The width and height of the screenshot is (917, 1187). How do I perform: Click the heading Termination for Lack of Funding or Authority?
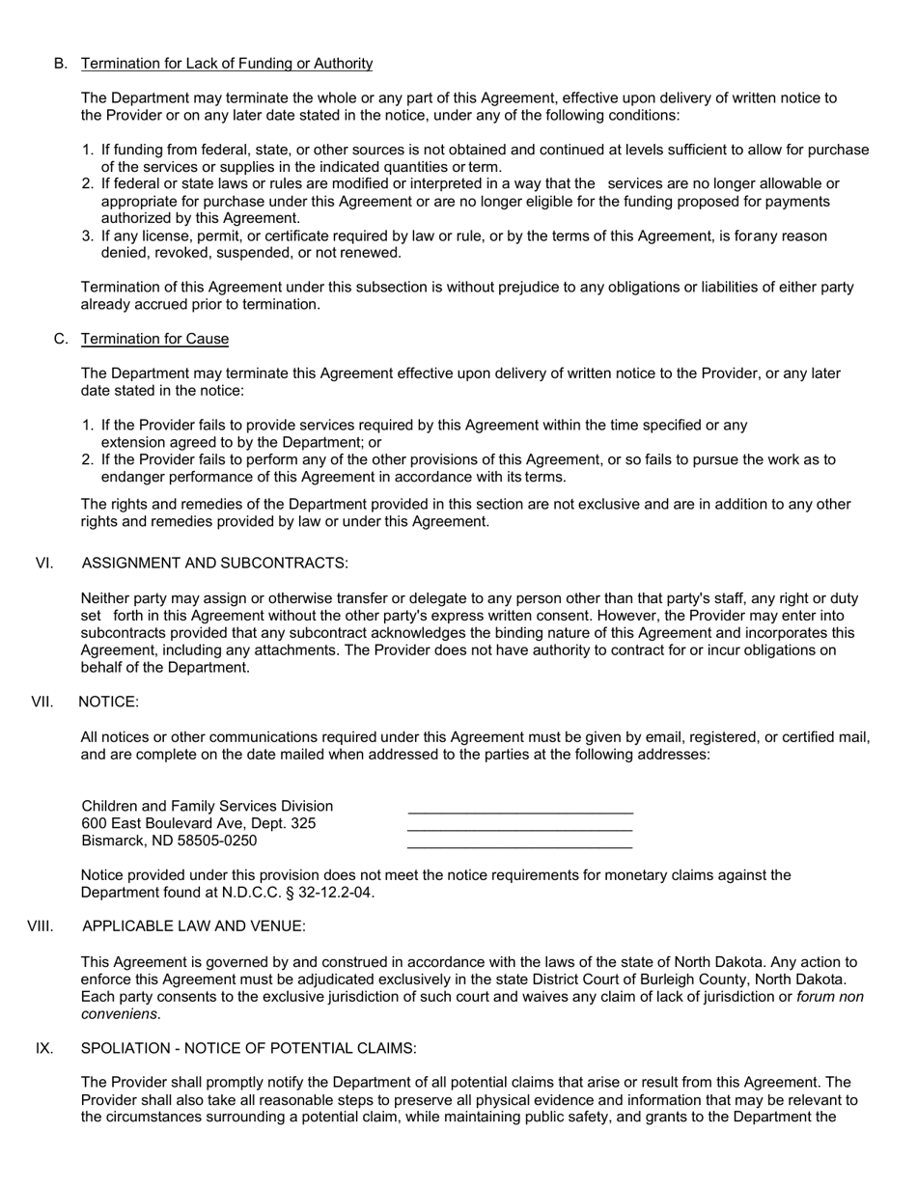click(x=227, y=64)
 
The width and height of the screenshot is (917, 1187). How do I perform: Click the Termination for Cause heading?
click(x=154, y=339)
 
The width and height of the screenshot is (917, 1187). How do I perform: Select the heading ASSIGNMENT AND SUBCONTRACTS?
click(x=215, y=564)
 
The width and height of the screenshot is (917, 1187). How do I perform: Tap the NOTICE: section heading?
click(x=108, y=703)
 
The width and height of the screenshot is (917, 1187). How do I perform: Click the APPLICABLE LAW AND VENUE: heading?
click(x=194, y=926)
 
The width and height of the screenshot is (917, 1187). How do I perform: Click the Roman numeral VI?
click(x=44, y=564)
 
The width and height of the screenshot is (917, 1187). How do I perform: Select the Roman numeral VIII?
click(x=41, y=926)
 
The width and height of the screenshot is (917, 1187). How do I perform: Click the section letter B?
click(x=61, y=64)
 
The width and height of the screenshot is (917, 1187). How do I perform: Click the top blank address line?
click(x=520, y=814)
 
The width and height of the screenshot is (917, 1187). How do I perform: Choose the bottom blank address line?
click(x=520, y=848)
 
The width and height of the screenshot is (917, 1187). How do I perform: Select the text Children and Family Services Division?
click(x=208, y=806)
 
